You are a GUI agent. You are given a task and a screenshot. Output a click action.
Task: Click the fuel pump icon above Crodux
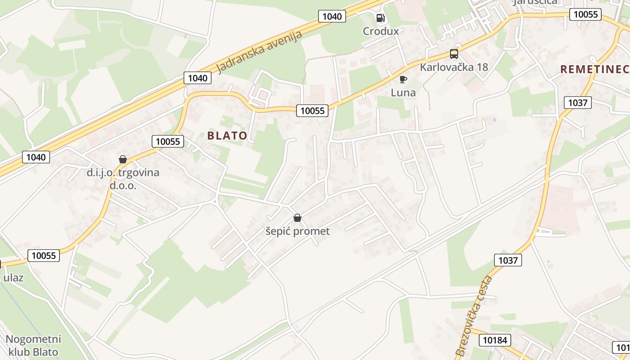click(x=380, y=18)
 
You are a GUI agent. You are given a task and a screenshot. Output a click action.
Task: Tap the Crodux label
click(x=381, y=31)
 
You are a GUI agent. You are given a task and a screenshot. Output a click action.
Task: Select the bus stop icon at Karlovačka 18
click(x=454, y=54)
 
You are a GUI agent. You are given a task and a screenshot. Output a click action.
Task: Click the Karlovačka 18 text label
click(x=454, y=67)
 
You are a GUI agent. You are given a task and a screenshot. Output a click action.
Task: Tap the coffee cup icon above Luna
click(x=403, y=80)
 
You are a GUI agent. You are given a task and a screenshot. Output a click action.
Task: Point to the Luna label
click(x=403, y=93)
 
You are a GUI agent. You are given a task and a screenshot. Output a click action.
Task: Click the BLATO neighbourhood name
click(x=227, y=135)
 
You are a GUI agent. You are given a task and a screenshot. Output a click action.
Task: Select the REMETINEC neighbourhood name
click(x=594, y=69)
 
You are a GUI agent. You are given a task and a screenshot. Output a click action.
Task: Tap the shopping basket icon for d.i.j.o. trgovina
click(x=122, y=159)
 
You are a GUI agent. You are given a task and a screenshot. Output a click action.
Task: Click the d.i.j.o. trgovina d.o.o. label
click(x=123, y=179)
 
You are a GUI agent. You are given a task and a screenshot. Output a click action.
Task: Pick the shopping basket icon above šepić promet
click(x=297, y=218)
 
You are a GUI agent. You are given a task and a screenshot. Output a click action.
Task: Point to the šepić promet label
click(x=297, y=231)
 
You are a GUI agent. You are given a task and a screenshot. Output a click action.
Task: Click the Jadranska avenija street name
click(x=259, y=53)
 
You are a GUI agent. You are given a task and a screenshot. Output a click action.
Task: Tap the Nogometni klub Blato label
click(x=33, y=345)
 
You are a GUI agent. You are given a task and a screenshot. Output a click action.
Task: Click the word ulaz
click(x=13, y=277)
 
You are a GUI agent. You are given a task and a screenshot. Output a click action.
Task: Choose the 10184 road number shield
click(x=494, y=340)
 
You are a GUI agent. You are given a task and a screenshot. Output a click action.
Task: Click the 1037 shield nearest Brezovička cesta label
click(x=508, y=260)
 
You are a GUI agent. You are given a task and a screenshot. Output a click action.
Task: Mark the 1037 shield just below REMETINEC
click(x=577, y=103)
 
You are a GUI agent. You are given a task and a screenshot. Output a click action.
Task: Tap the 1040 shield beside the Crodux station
click(x=332, y=16)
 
